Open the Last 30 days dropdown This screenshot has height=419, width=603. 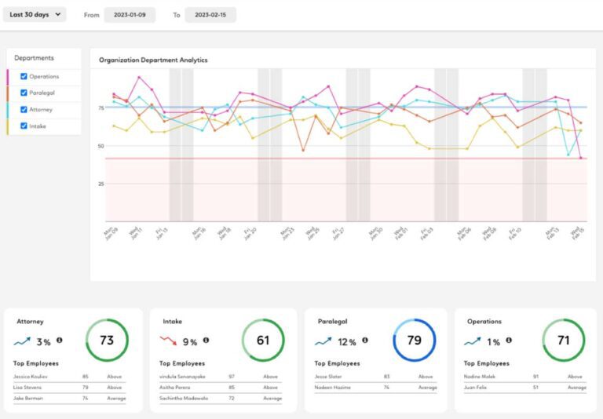point(35,15)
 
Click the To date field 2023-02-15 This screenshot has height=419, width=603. point(210,15)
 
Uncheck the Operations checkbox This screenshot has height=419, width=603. point(24,76)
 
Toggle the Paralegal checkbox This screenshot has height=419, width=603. point(24,93)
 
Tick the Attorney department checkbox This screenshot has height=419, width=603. point(24,109)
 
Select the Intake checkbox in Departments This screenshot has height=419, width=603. point(24,126)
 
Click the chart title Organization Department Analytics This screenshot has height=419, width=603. point(153,60)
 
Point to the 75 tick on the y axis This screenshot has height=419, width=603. point(100,107)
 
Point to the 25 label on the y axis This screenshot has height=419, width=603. point(100,184)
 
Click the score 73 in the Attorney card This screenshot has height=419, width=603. point(107,341)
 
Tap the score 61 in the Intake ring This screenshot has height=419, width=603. point(263,341)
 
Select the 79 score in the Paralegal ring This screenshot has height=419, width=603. point(414,341)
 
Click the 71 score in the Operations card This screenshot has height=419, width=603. point(563,341)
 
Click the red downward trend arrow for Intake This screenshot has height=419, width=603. point(169,341)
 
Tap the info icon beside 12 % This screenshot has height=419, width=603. point(365,341)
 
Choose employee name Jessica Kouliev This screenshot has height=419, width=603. point(31,377)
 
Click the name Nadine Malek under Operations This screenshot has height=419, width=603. point(480,377)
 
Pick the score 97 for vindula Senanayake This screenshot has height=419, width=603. point(232,377)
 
